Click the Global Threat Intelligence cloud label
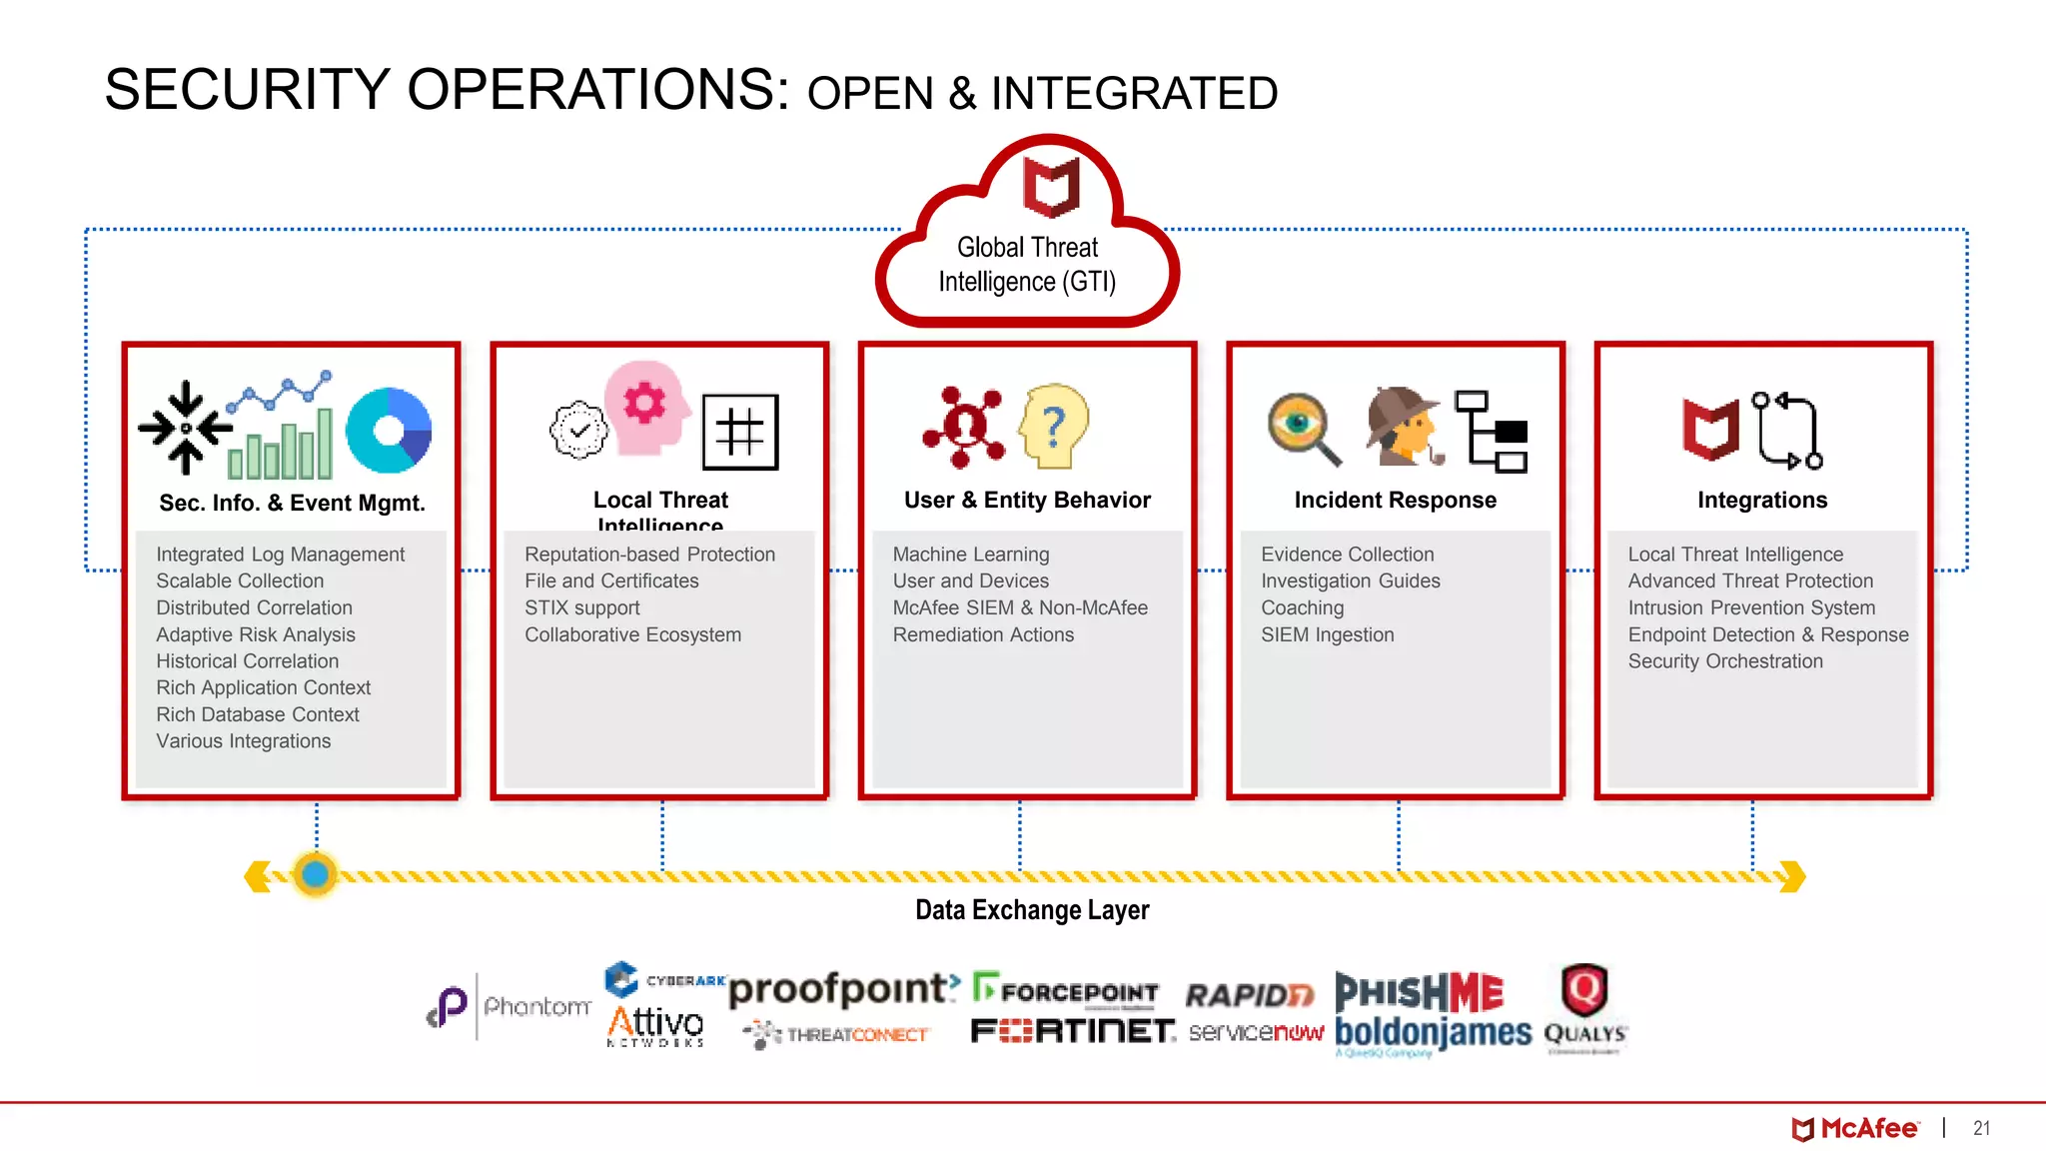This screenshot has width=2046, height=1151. pos(1027,265)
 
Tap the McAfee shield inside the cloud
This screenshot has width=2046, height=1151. pos(1051,187)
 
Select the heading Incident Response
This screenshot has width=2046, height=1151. pos(1395,500)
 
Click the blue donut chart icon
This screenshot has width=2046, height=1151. pos(389,431)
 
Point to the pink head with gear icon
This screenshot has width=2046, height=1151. pos(647,409)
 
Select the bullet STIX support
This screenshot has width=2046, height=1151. pos(582,607)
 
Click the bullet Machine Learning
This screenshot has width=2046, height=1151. pos(970,554)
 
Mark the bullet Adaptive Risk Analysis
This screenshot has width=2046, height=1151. pos(256,634)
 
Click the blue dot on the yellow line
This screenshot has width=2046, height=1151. pos(316,874)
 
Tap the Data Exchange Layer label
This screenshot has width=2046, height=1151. pos(1032,910)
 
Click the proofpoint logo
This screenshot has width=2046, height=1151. pos(842,989)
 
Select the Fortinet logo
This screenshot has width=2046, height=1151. pos(1072,1031)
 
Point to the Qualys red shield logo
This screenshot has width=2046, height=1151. pos(1584,990)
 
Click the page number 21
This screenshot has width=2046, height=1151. pos(1981,1128)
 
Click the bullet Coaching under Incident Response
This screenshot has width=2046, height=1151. pos(1302,607)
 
